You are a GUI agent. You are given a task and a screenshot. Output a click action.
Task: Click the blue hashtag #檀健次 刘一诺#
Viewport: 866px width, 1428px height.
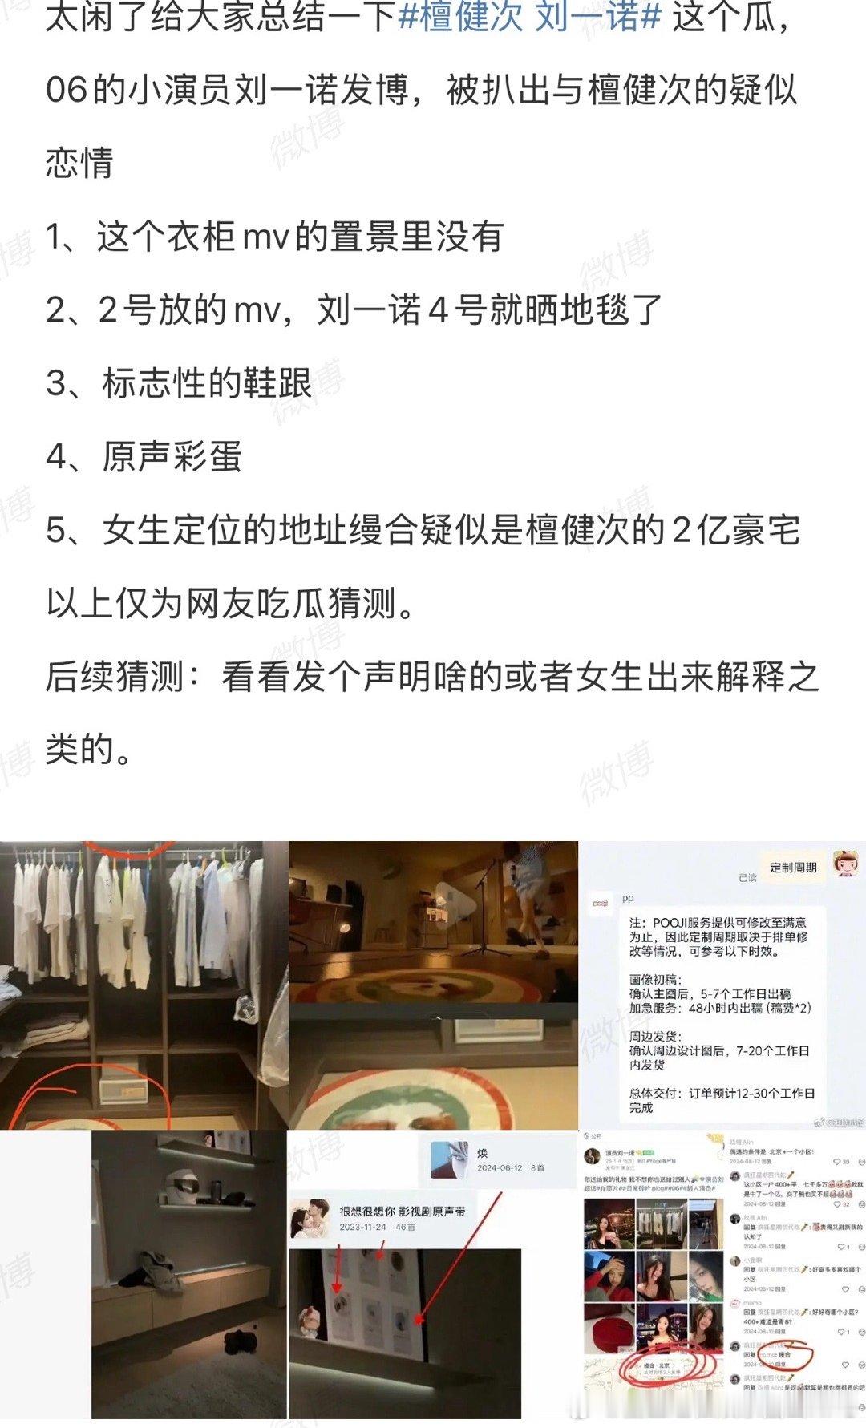pyautogui.click(x=529, y=17)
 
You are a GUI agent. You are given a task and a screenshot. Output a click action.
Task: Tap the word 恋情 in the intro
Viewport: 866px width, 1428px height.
pyautogui.click(x=79, y=163)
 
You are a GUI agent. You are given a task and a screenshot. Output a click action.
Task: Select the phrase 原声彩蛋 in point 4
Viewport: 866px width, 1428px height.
pyautogui.click(x=172, y=457)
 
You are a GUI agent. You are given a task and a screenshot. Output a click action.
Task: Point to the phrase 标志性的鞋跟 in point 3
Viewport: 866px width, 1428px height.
pyautogui.click(x=207, y=383)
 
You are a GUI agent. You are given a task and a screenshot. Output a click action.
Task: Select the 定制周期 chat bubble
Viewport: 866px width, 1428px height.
pyautogui.click(x=792, y=868)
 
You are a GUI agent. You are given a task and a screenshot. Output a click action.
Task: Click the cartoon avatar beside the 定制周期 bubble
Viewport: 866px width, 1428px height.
pyautogui.click(x=848, y=864)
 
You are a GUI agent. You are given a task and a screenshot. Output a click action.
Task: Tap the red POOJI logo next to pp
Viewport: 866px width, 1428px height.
pyautogui.click(x=600, y=904)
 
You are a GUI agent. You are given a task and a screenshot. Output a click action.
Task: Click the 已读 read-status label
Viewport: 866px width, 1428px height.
pyautogui.click(x=747, y=878)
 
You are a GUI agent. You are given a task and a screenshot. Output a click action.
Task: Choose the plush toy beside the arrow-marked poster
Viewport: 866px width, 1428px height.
pyautogui.click(x=309, y=1317)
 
